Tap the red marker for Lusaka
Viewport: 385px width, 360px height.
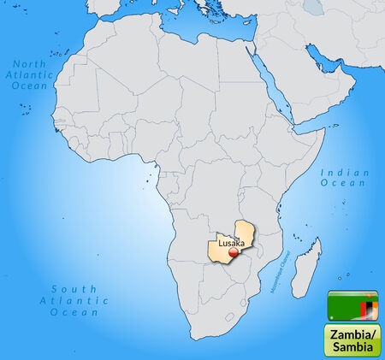(232, 251)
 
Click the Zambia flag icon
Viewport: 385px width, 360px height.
(352, 304)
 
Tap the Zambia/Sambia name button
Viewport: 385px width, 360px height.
(352, 339)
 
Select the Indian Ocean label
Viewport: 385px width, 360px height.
(346, 178)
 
